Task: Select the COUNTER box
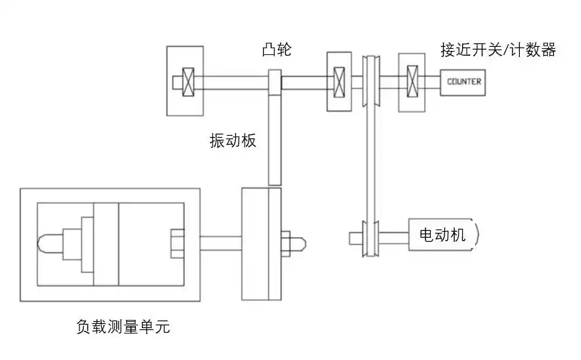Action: point(464,82)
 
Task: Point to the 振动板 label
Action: point(233,142)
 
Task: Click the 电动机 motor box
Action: point(442,235)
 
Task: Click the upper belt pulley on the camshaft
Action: point(371,81)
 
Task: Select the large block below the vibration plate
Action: point(261,243)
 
